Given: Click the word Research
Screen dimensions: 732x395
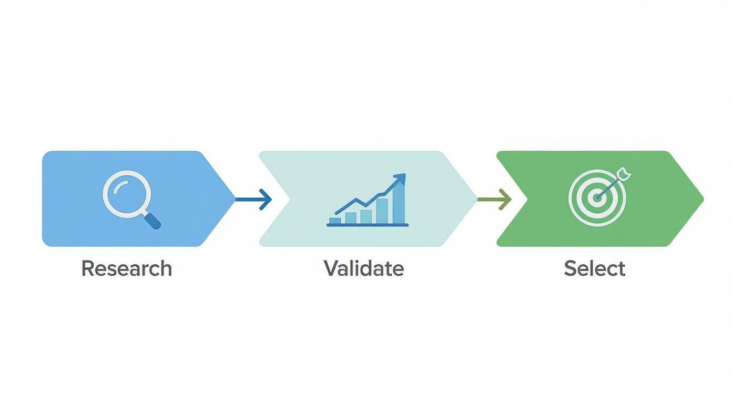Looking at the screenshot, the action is [126, 268].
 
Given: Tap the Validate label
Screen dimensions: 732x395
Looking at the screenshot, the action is [364, 268].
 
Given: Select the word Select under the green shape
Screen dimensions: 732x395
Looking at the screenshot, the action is [595, 268].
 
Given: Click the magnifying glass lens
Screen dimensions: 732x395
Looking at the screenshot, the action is [127, 194].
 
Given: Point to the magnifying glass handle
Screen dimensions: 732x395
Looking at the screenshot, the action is [153, 221].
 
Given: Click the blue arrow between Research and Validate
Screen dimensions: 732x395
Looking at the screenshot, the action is [253, 199].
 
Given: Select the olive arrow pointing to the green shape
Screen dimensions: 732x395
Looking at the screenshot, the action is [494, 199].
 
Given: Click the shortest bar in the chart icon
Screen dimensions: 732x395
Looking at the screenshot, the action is [335, 221].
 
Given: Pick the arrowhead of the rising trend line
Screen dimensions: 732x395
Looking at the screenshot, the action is [401, 179].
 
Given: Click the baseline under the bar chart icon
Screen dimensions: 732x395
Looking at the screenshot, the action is [368, 225].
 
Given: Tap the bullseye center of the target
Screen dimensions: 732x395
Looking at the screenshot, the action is [597, 197].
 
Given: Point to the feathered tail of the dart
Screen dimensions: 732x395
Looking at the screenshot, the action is [624, 173].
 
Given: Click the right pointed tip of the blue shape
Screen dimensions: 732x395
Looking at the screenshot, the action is [235, 199].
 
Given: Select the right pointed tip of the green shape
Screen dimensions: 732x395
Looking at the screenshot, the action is [703, 199].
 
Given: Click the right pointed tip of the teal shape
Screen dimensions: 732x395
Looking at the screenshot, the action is [477, 199].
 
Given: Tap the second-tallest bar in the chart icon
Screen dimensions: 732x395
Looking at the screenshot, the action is [382, 211].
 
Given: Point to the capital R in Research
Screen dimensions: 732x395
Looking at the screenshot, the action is [88, 268].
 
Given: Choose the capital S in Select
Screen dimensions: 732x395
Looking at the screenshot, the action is [571, 268].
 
